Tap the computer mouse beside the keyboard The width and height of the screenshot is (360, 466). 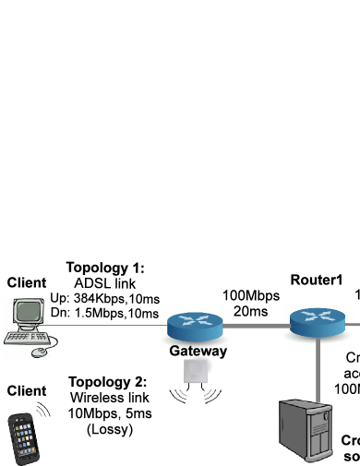pyautogui.click(x=40, y=352)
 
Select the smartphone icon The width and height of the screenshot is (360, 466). pyautogui.click(x=24, y=438)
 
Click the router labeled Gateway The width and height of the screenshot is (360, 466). pyautogui.click(x=195, y=326)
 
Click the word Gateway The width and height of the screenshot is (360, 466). pyautogui.click(x=198, y=351)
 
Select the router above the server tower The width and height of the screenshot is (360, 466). pyautogui.click(x=317, y=322)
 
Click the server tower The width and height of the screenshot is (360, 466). pyautogui.click(x=306, y=430)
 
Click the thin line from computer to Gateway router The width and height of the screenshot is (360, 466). pyautogui.click(x=111, y=325)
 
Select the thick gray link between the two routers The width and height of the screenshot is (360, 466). pyautogui.click(x=258, y=325)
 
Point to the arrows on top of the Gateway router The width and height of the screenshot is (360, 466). pyautogui.click(x=195, y=320)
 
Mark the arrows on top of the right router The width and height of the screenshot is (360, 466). pyautogui.click(x=317, y=317)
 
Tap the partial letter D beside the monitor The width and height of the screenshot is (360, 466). pyautogui.click(x=54, y=312)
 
